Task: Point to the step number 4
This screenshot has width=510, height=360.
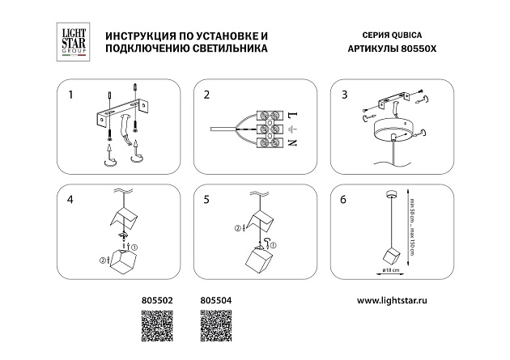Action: point(71,197)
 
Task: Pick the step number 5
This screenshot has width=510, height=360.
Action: point(206,197)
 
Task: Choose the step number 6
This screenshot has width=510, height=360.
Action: point(344,197)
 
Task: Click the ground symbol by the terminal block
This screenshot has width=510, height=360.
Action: point(291,129)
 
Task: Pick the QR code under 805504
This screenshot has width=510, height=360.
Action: point(214,328)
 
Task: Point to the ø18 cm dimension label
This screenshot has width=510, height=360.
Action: point(389,273)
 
